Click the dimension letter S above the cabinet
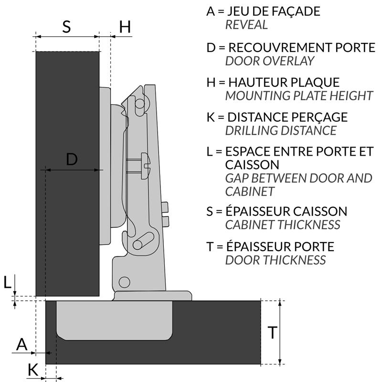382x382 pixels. (x=66, y=26)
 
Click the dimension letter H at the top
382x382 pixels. (x=125, y=27)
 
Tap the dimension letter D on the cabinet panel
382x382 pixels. (x=72, y=159)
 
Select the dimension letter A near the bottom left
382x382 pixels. (x=22, y=344)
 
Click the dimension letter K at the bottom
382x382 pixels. (x=32, y=369)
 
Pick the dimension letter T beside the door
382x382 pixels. (x=272, y=332)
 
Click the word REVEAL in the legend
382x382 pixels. (x=246, y=25)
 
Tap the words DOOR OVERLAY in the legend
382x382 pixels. (x=270, y=61)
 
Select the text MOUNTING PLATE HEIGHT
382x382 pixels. (x=298, y=95)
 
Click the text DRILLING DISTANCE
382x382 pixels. (x=281, y=130)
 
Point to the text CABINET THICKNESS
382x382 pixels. (x=282, y=224)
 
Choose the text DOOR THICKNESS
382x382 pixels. (x=275, y=260)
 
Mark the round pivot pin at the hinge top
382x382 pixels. (x=140, y=103)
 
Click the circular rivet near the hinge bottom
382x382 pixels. (x=125, y=282)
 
